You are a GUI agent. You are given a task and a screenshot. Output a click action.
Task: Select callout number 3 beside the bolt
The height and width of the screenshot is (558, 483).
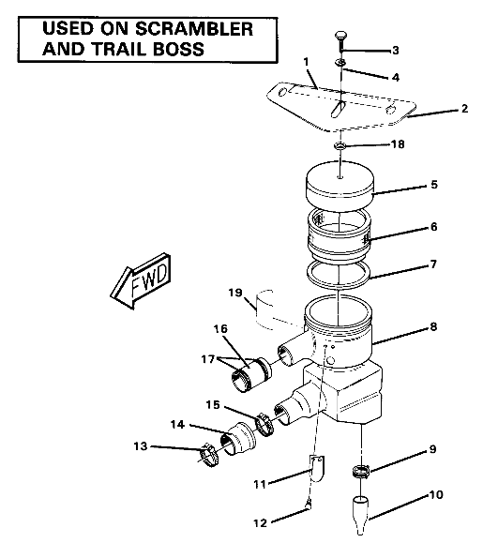(395, 50)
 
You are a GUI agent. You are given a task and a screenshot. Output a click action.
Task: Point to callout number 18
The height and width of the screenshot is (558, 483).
(398, 145)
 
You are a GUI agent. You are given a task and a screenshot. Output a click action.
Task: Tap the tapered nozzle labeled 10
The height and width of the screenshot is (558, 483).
(362, 514)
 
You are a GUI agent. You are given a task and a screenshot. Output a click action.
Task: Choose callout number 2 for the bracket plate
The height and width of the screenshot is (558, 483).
(464, 110)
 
